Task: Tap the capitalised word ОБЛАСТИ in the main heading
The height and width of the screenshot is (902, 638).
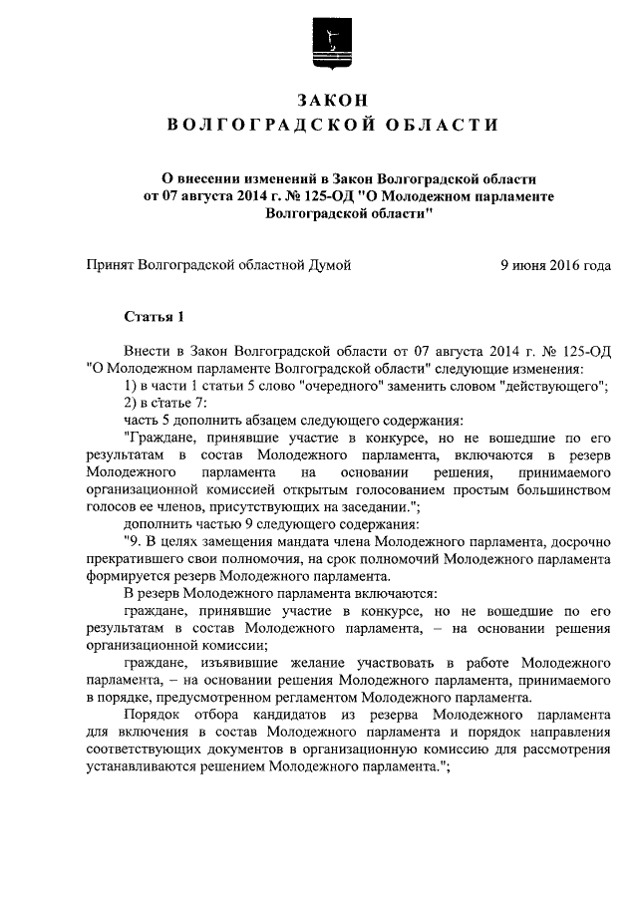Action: [447, 124]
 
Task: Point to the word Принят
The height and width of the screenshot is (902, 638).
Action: [109, 266]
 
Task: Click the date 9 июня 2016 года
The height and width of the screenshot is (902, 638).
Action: [555, 266]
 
